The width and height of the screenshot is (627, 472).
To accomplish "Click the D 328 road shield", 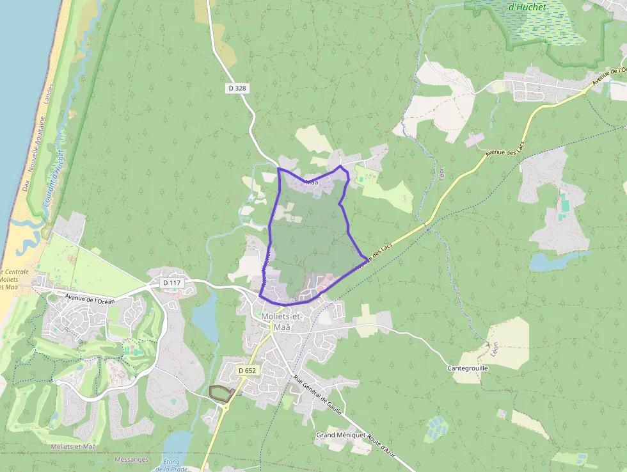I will (x=236, y=88).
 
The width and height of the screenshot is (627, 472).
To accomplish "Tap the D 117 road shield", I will (x=171, y=282).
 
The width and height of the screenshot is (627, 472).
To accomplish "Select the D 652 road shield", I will (x=247, y=370).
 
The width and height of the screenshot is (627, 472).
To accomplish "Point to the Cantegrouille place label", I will (x=468, y=369).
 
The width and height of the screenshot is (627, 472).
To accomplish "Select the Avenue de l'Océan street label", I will (x=90, y=298).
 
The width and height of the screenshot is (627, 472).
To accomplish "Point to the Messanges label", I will (x=131, y=459).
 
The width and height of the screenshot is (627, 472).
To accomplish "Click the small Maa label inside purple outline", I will (x=312, y=183).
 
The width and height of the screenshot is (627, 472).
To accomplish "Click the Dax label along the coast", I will (x=26, y=184).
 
